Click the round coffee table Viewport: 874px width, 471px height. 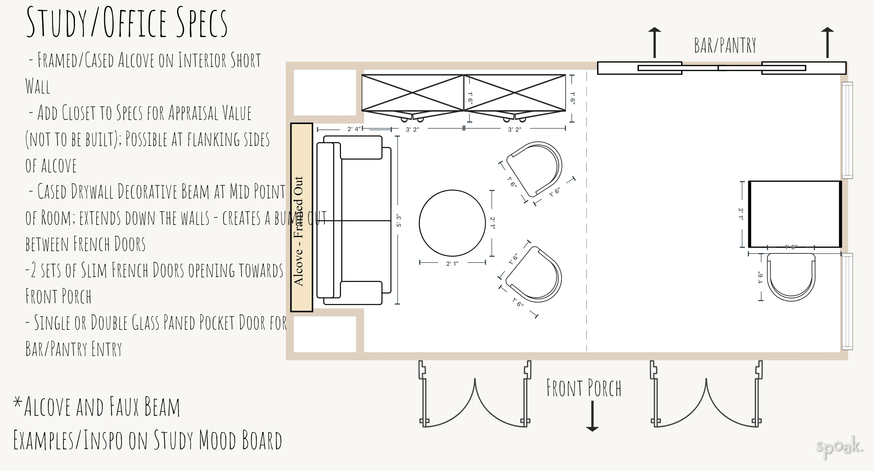[452, 223]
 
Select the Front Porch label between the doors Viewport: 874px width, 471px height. [584, 388]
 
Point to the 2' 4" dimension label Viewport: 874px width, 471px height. [354, 129]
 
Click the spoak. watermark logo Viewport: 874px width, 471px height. [839, 447]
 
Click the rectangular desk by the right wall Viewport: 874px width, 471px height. [794, 214]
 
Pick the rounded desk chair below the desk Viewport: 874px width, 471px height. [791, 276]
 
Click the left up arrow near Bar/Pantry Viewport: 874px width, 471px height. [655, 42]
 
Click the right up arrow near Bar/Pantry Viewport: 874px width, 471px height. [827, 42]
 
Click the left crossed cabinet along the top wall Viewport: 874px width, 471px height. [412, 93]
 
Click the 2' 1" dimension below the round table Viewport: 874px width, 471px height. [452, 263]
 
